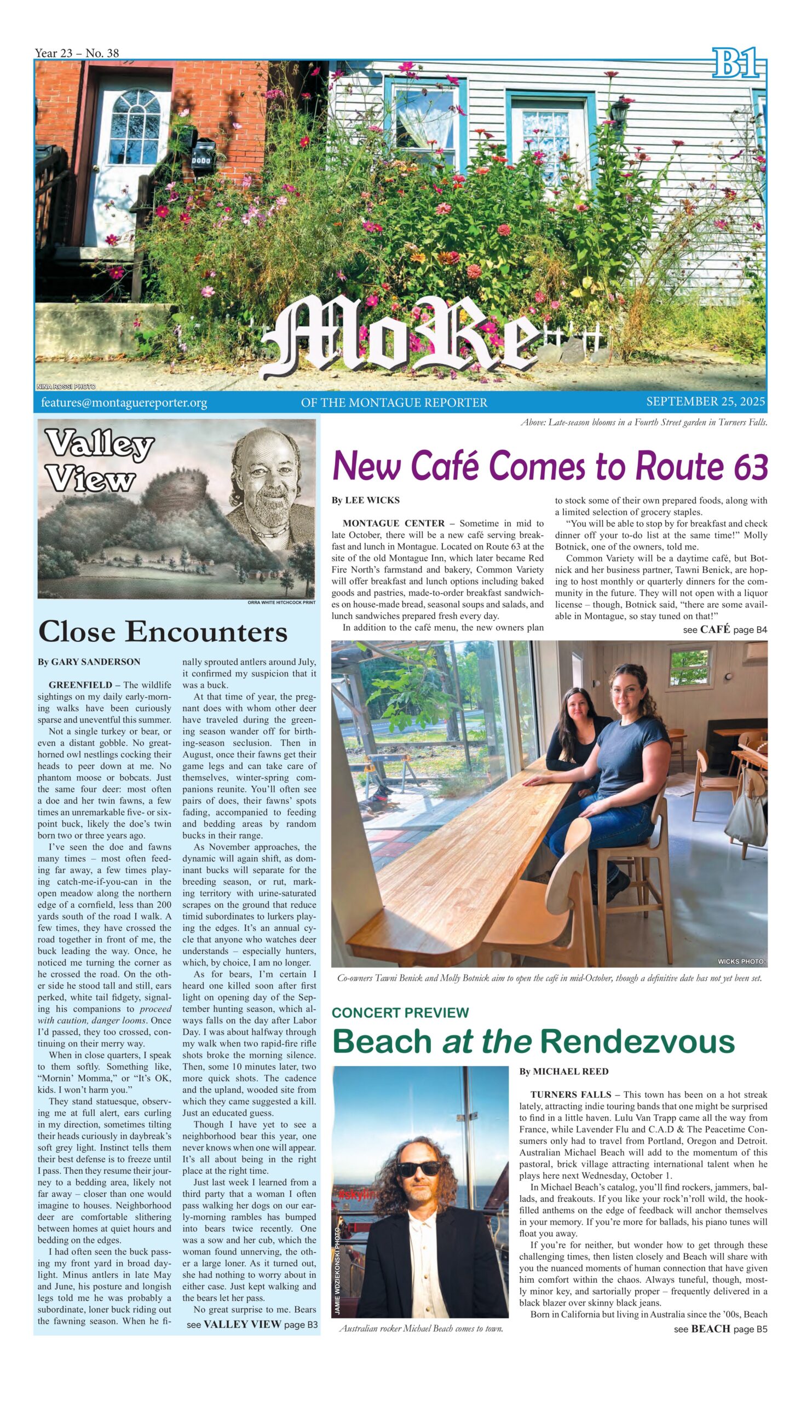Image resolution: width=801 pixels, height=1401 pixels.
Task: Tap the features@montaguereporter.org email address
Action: pyautogui.click(x=124, y=402)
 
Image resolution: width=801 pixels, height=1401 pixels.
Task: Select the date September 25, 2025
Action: pyautogui.click(x=705, y=401)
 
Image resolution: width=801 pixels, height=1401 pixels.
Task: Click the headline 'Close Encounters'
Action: pyautogui.click(x=163, y=631)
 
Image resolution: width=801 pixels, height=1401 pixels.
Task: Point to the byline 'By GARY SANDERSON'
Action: pyautogui.click(x=89, y=662)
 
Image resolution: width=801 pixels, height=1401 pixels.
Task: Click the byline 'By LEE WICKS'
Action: pyautogui.click(x=365, y=500)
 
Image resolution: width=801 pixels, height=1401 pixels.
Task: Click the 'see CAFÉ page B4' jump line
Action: pyautogui.click(x=724, y=629)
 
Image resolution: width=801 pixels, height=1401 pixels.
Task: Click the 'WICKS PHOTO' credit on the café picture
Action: pyautogui.click(x=740, y=962)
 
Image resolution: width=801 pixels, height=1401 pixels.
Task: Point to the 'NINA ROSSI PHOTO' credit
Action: pyautogui.click(x=66, y=387)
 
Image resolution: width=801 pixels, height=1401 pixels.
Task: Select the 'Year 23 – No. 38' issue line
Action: pyautogui.click(x=77, y=53)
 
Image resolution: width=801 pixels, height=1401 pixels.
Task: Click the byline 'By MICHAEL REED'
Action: pyautogui.click(x=564, y=1071)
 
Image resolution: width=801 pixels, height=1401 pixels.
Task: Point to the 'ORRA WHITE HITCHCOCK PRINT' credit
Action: pyautogui.click(x=281, y=603)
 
